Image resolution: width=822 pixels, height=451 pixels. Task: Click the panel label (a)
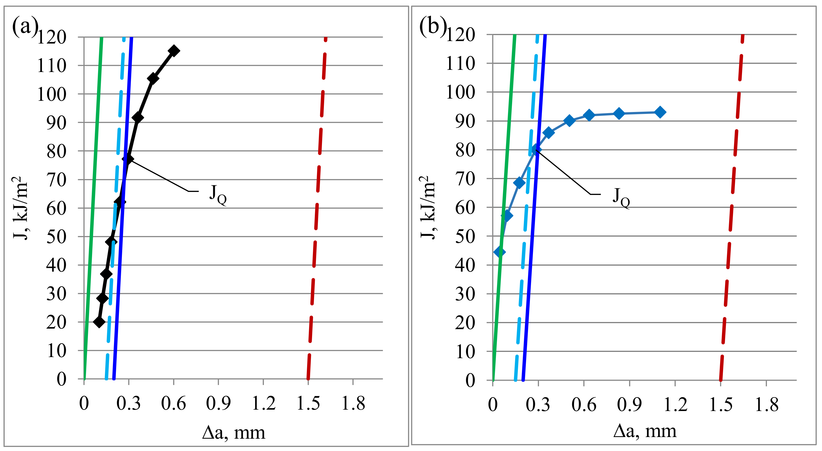25,26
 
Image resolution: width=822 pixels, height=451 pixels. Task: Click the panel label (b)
432,26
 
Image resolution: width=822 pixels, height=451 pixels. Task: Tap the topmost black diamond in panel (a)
174,51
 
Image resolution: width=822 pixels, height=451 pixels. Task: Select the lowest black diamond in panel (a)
99,322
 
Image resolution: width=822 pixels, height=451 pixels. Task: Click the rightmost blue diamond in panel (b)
660,112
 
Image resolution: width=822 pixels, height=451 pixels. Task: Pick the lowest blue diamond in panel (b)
500,252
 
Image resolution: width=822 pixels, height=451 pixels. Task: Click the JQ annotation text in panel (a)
218,194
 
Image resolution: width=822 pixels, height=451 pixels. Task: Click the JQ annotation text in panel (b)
621,197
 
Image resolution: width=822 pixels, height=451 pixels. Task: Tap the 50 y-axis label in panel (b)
465,236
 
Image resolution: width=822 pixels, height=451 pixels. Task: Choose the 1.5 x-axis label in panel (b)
721,405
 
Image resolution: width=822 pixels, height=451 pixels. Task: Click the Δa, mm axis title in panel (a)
233,433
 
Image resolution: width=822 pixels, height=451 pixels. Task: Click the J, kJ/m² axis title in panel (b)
427,207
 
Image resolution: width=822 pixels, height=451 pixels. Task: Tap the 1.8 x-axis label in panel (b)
766,405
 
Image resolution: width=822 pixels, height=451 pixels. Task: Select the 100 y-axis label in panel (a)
52,94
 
